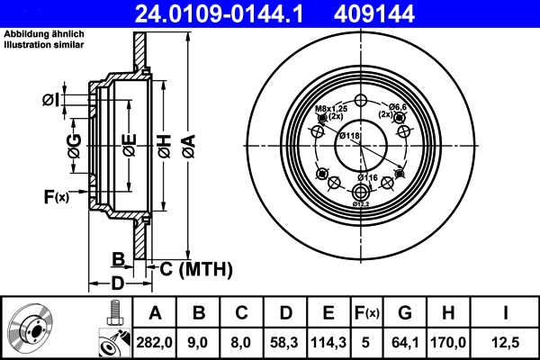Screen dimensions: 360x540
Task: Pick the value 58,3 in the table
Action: [286, 343]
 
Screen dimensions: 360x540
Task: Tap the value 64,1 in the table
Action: [404, 343]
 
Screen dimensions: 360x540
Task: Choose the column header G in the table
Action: [404, 313]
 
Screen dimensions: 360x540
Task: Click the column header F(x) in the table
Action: [367, 313]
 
